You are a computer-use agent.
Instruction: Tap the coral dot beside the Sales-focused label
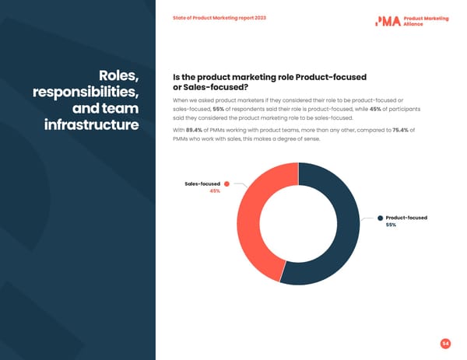click(226, 183)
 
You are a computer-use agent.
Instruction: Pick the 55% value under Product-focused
click(391, 225)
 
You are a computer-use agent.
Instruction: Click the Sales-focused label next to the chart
click(202, 183)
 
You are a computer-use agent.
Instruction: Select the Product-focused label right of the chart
click(406, 218)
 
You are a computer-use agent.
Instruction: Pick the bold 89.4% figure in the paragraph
click(196, 130)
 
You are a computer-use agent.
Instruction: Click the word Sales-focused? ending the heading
click(203, 87)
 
